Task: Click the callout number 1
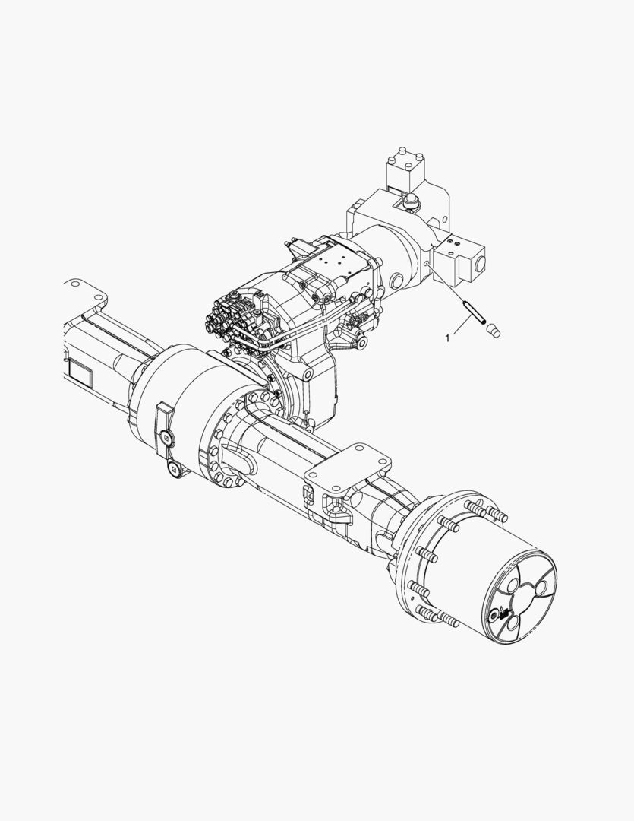447,338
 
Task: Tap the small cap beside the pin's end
493,331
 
